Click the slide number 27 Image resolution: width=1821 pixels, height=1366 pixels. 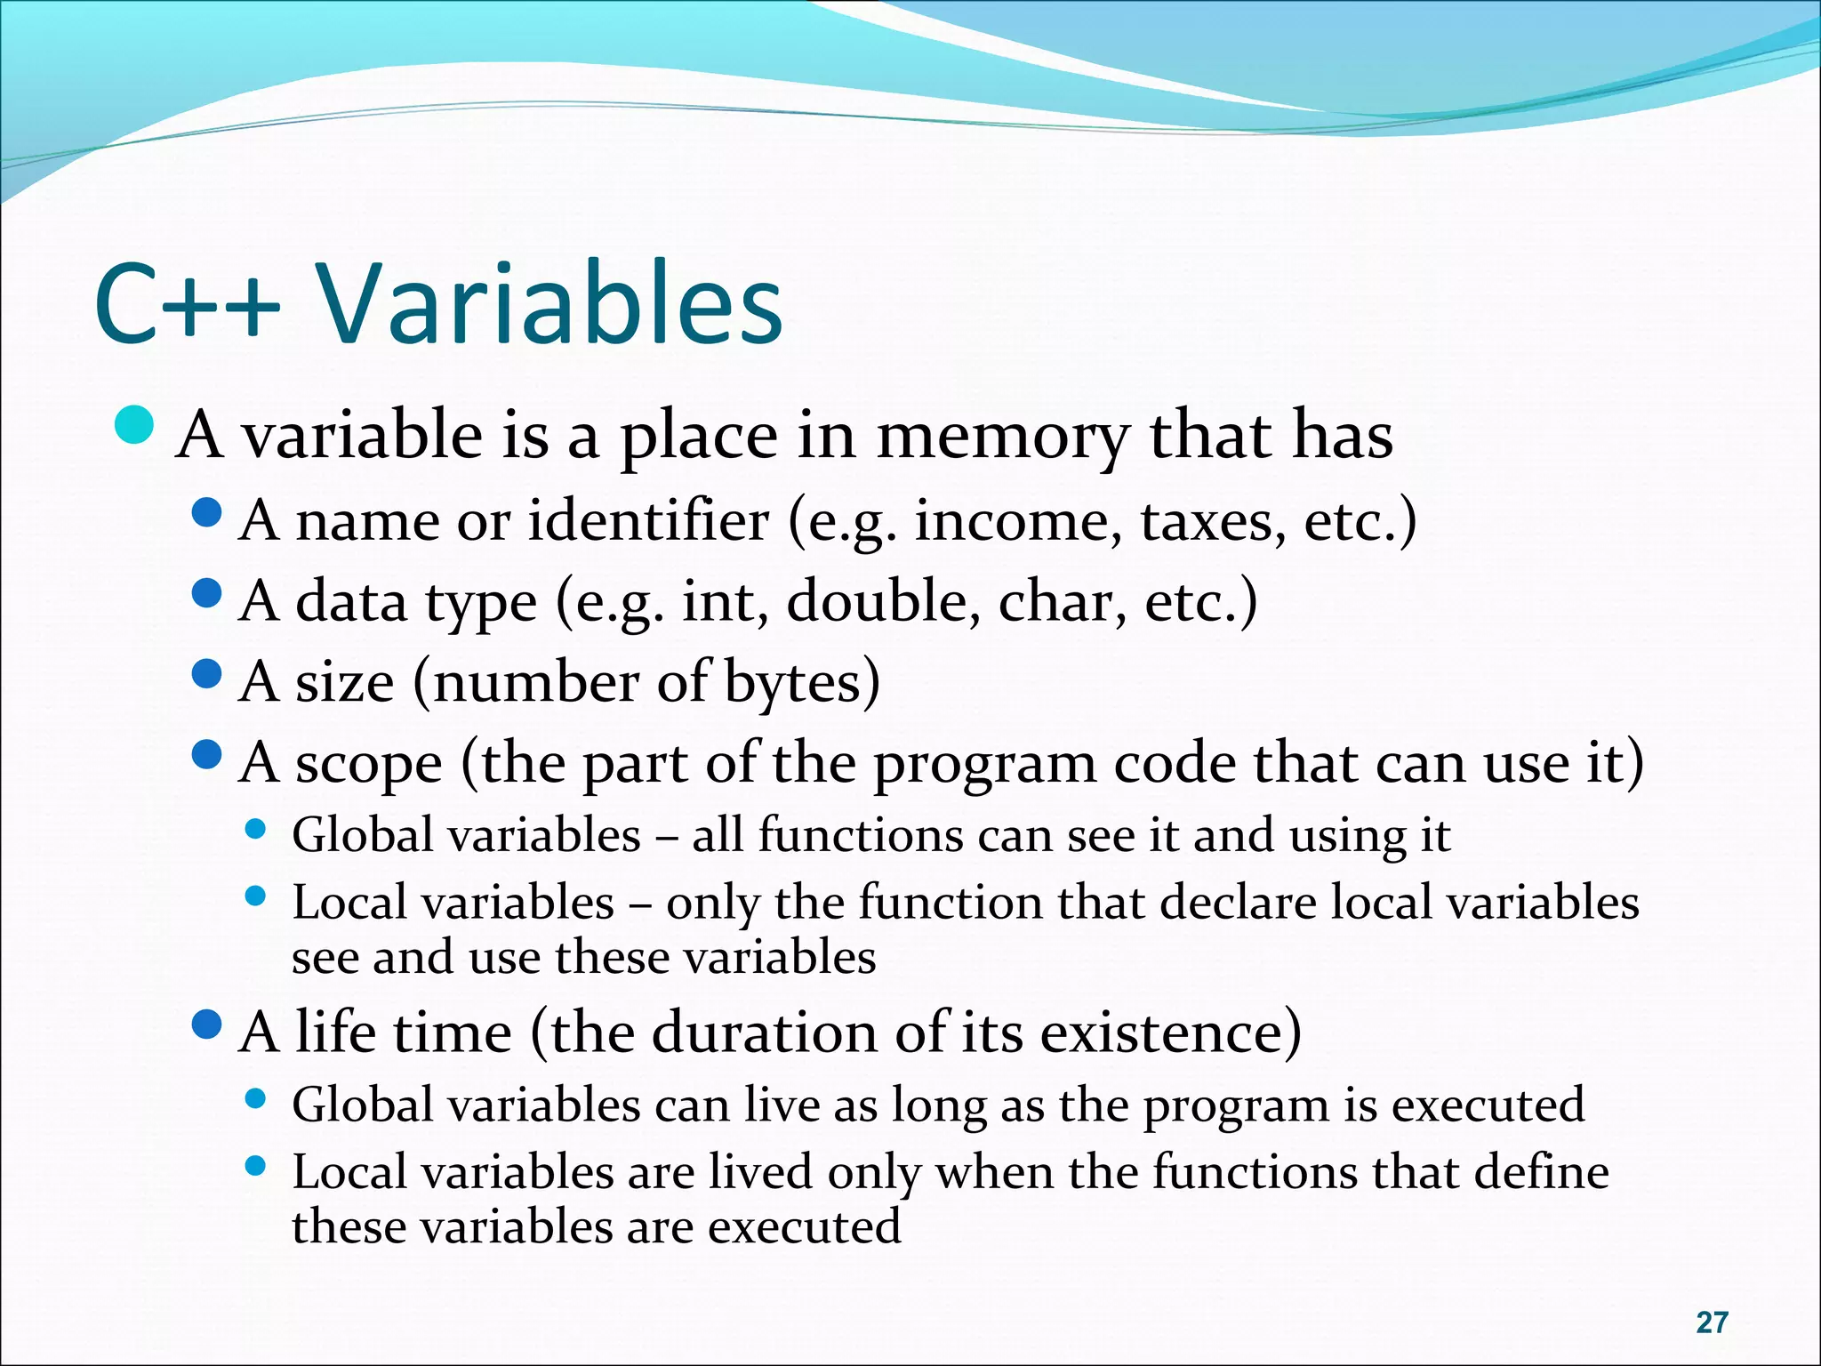pyautogui.click(x=1712, y=1322)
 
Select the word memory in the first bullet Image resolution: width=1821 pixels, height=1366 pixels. pyautogui.click(x=1003, y=438)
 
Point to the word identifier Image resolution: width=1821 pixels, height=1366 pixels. pyautogui.click(x=648, y=520)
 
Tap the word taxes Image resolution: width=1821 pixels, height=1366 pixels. pyautogui.click(x=1213, y=522)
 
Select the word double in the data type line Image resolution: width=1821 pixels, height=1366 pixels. pyautogui.click(x=884, y=602)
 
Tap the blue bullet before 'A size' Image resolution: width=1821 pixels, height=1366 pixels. pyautogui.click(x=206, y=674)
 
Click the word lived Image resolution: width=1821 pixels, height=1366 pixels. pyautogui.click(x=760, y=1172)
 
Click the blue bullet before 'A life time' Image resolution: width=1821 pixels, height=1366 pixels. pyautogui.click(x=206, y=1025)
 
